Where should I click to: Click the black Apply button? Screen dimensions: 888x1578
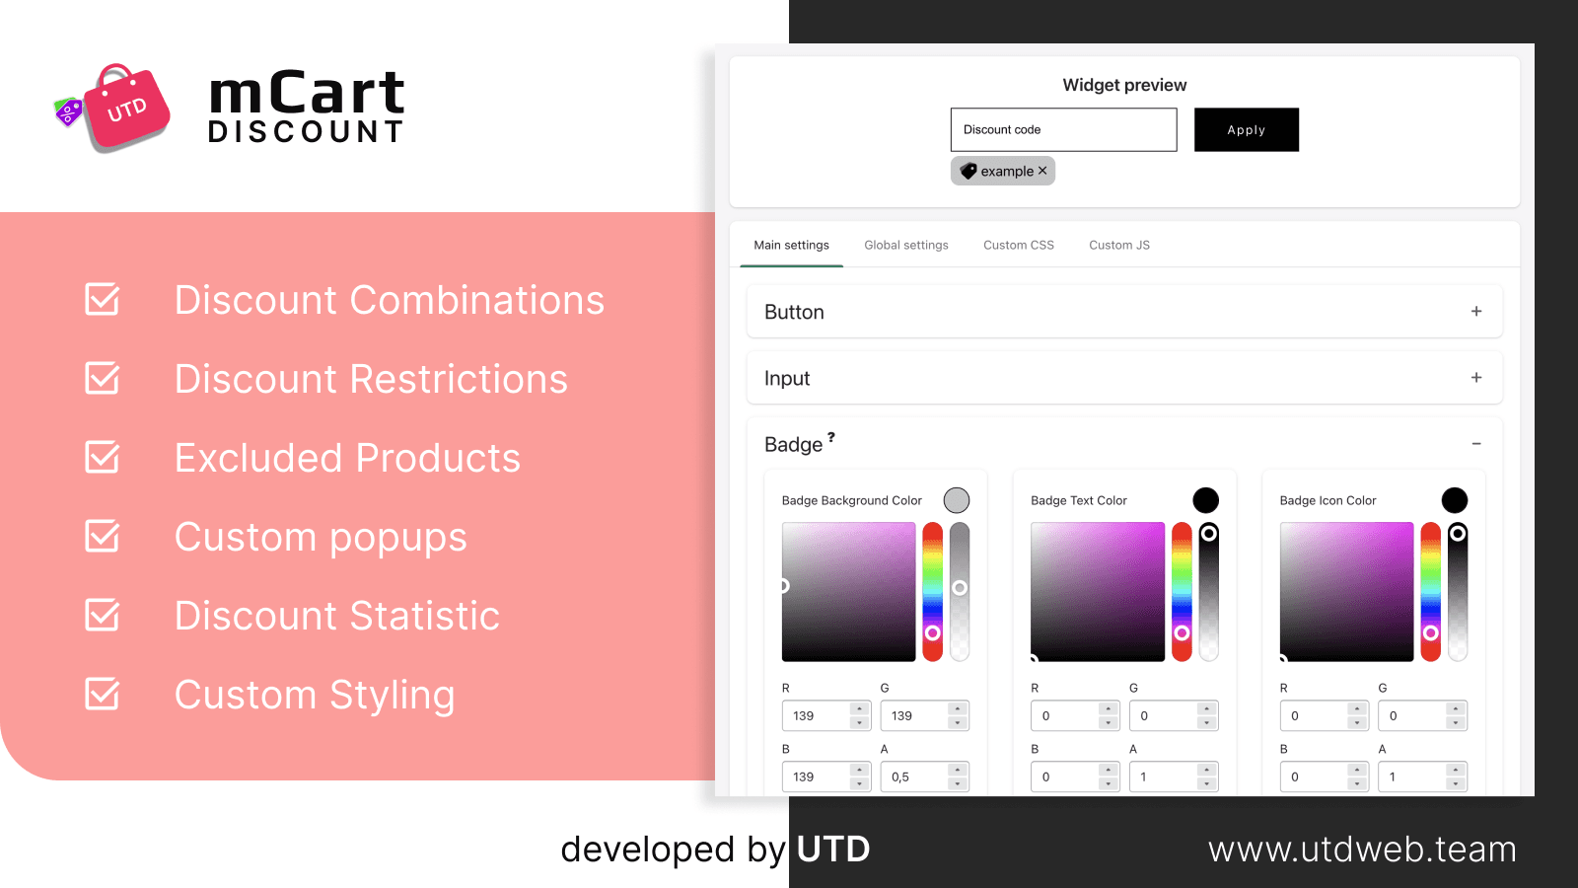[1246, 129]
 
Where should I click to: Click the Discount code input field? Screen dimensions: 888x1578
[1063, 129]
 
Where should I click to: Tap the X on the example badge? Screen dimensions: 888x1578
[1042, 171]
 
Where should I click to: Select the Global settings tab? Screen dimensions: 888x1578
[905, 245]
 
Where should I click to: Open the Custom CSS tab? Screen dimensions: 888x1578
[1018, 245]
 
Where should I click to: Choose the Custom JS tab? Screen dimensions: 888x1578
[1118, 245]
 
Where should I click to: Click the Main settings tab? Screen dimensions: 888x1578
[791, 245]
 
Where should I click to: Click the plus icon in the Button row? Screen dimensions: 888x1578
[1475, 312]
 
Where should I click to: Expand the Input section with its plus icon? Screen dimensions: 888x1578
[1475, 378]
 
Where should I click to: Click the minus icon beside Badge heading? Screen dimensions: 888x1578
[1475, 444]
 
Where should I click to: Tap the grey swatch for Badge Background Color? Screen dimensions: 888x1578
[956, 500]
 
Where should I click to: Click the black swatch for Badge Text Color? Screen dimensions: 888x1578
[1205, 500]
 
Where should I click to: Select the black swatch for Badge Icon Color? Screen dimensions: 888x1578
[1454, 500]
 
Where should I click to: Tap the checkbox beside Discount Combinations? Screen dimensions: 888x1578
[103, 299]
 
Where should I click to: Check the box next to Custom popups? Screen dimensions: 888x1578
[103, 536]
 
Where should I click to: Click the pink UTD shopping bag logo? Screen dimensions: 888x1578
[125, 109]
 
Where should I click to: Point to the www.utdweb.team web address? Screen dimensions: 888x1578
[1362, 850]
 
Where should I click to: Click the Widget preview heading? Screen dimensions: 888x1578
[1124, 85]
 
